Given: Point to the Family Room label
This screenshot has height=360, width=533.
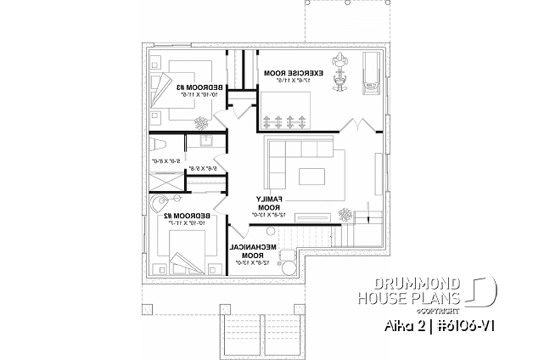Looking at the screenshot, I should [267, 204].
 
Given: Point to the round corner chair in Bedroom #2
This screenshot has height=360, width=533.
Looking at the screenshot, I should [157, 205].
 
